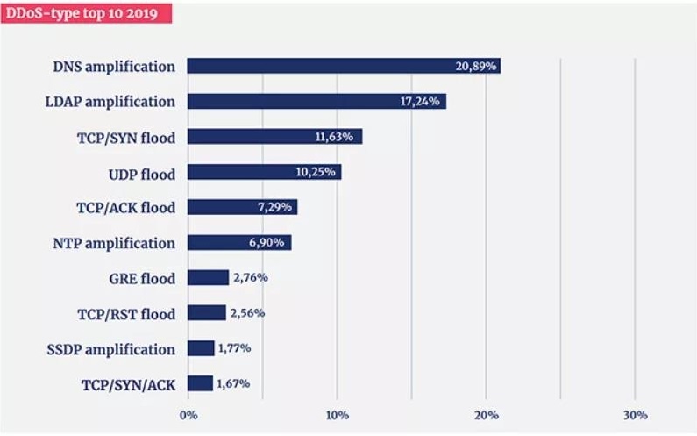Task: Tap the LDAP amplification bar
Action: [x=316, y=101]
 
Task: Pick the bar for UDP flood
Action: [x=264, y=172]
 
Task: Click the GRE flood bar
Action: [x=208, y=278]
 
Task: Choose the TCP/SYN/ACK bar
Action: [x=200, y=383]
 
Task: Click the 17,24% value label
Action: [x=422, y=101]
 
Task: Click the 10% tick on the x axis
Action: [x=338, y=415]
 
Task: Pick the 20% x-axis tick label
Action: [x=487, y=415]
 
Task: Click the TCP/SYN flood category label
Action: [x=125, y=137]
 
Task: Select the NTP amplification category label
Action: [x=115, y=243]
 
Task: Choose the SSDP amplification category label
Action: [x=110, y=348]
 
